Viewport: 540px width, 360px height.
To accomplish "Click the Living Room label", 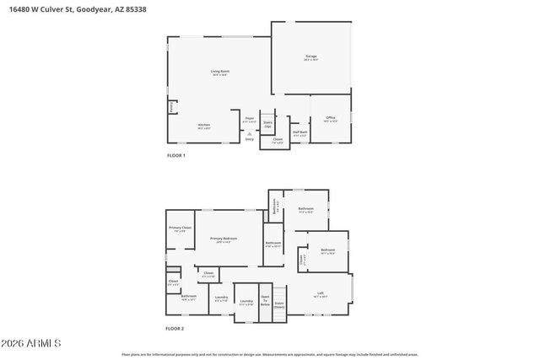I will tap(219, 73).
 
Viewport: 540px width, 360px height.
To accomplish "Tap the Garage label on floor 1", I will tap(310, 57).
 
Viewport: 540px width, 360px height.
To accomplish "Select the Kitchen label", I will tap(203, 126).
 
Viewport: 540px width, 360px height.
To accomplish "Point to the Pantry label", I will tap(172, 107).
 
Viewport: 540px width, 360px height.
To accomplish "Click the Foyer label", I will tap(250, 120).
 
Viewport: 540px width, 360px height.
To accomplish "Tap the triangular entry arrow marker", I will tap(251, 132).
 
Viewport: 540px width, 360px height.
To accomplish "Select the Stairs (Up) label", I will tap(267, 124).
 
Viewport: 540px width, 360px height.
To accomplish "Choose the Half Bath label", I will tap(300, 132).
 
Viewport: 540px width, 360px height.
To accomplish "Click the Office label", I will tap(330, 120).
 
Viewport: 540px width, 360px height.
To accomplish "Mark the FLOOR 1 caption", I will tap(175, 156).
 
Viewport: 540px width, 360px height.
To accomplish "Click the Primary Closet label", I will tap(180, 228).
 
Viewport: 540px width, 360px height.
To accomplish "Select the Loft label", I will tap(321, 294).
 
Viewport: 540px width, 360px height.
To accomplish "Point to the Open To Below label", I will tap(265, 300).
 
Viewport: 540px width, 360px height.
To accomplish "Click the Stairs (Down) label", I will tap(279, 304).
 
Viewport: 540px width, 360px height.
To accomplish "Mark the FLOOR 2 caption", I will tap(175, 328).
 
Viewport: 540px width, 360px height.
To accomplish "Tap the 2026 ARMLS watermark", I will tap(30, 344).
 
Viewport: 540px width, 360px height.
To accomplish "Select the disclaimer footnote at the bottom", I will tap(269, 355).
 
